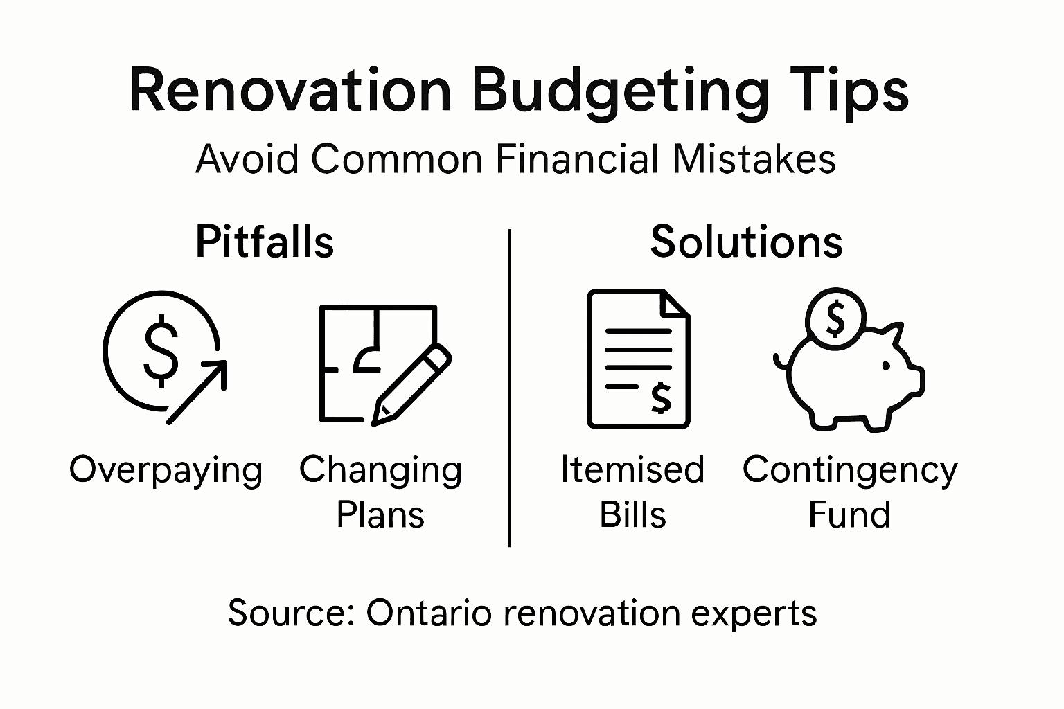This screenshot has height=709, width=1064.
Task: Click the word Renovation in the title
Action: [x=290, y=91]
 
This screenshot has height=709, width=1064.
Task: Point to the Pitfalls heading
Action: [x=265, y=242]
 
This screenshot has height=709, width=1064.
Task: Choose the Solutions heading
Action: [x=746, y=242]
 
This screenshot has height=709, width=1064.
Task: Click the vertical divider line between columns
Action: [x=510, y=388]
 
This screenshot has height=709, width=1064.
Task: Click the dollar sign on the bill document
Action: [x=662, y=397]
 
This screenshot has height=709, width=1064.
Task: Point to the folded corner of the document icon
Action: [x=675, y=305]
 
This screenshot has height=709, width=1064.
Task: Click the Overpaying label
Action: [x=166, y=470]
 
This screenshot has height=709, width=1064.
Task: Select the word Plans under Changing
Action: [x=380, y=515]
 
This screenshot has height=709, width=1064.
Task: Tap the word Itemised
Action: [x=632, y=469]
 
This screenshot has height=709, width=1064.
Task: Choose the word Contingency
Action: [x=850, y=471]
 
